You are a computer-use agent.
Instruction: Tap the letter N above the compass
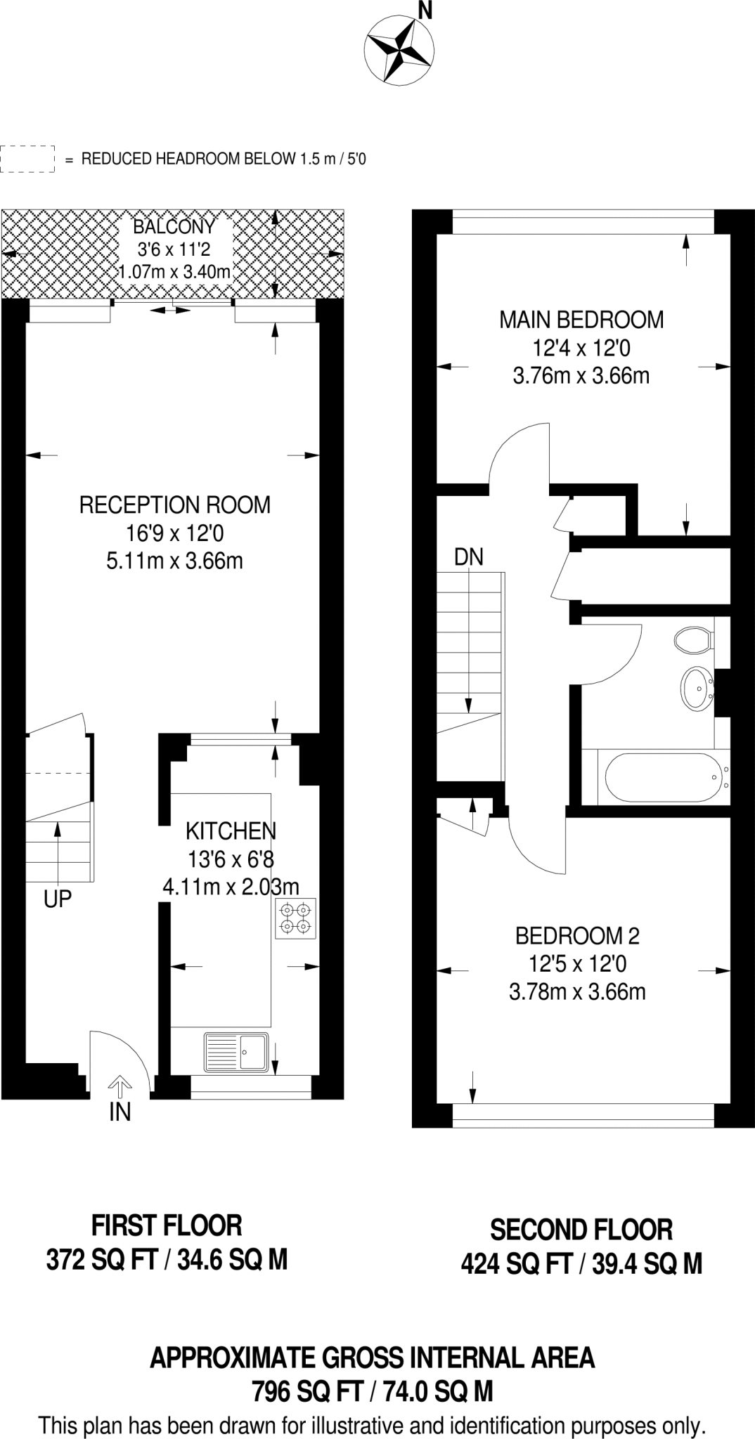425,9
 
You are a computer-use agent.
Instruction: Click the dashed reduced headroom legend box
27,159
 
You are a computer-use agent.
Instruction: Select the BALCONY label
174,227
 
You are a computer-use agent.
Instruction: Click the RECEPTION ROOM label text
174,505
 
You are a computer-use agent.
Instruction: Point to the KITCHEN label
231,831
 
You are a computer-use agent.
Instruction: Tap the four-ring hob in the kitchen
295,918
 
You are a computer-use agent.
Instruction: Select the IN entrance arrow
120,1088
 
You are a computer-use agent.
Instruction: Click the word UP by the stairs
58,899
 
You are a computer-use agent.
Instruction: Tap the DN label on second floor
469,557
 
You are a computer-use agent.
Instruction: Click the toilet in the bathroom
692,640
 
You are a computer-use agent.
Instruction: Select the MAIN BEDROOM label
581,320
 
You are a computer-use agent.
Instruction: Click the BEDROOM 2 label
577,936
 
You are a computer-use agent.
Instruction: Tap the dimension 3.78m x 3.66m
577,992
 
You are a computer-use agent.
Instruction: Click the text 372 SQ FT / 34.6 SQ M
167,1261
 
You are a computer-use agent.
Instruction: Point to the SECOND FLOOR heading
581,1230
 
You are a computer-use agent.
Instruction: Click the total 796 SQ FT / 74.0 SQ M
373,1391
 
